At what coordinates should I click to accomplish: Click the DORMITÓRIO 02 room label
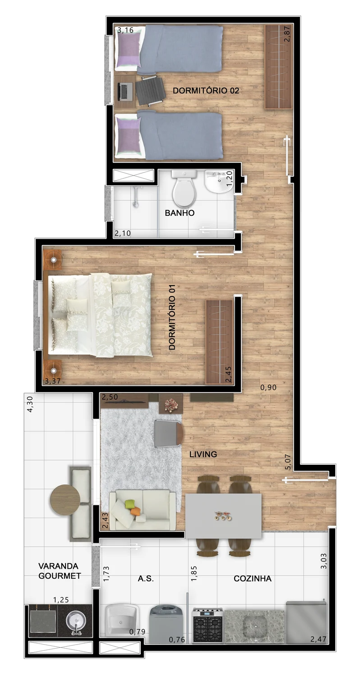(206, 90)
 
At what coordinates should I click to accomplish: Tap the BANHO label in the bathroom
(180, 213)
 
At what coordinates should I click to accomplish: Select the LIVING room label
(203, 454)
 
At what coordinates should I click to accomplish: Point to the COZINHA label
(253, 579)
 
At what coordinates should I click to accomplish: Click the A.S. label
(146, 579)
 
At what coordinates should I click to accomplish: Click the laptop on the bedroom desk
(126, 92)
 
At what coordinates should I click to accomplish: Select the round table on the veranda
(65, 500)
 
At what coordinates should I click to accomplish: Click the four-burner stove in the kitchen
(208, 625)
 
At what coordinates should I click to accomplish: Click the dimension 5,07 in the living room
(287, 462)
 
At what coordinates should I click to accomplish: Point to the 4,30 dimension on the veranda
(30, 404)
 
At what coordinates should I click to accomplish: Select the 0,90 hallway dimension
(268, 387)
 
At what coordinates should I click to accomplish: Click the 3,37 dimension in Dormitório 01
(52, 381)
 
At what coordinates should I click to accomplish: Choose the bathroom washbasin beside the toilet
(219, 182)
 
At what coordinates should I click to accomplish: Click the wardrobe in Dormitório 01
(219, 342)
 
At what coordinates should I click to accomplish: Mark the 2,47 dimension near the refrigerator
(318, 639)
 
